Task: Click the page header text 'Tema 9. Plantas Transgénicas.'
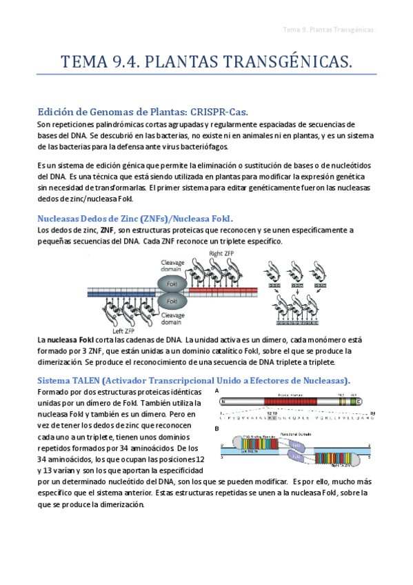[x=329, y=30]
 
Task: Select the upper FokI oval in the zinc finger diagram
[x=173, y=284]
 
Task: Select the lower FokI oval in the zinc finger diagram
[x=173, y=301]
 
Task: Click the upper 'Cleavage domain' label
[x=172, y=266]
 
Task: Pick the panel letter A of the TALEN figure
[x=218, y=390]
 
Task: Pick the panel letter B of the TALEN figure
[x=218, y=428]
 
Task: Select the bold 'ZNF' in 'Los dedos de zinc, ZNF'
[x=108, y=230]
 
